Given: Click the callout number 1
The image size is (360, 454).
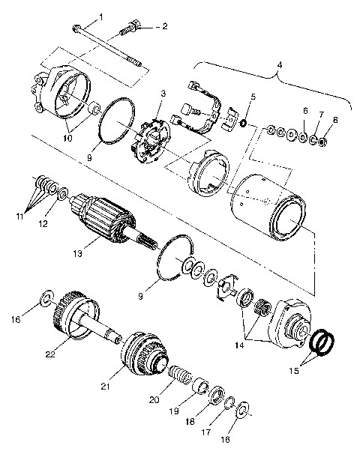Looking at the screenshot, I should [101, 16].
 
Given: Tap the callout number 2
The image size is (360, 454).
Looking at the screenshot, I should [166, 26].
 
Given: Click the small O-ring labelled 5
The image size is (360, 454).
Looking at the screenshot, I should [244, 121].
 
